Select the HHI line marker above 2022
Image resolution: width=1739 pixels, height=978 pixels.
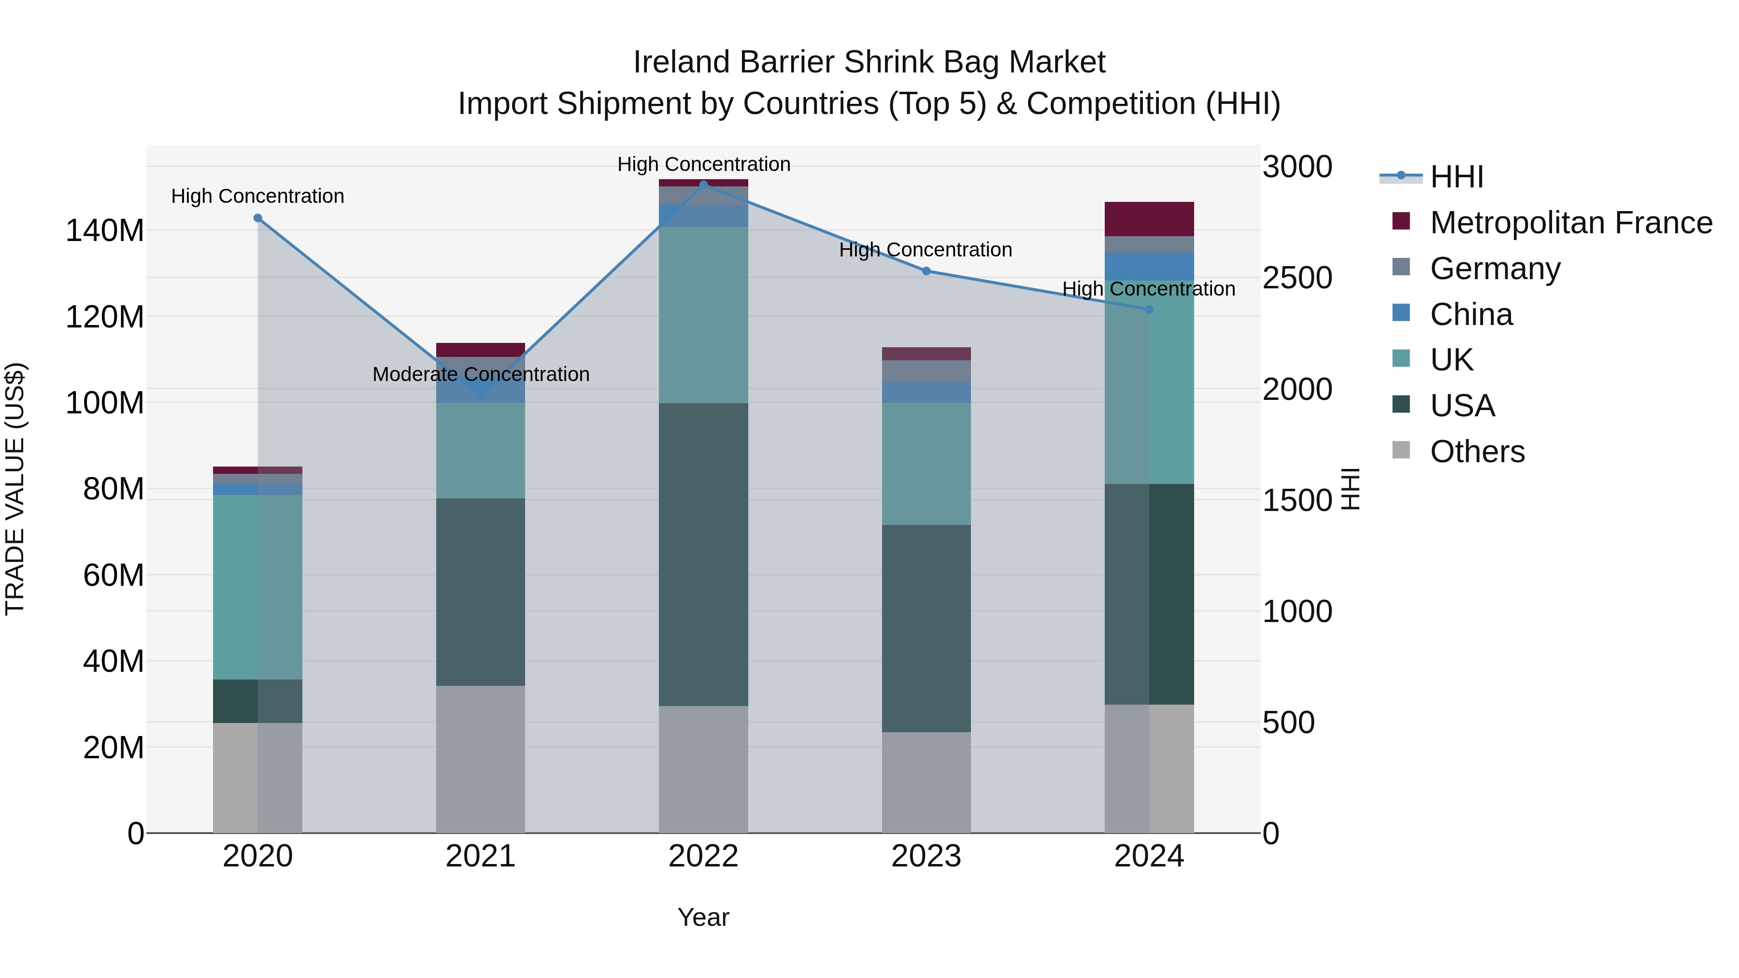pos(703,184)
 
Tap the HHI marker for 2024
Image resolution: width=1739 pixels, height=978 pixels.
pos(1149,309)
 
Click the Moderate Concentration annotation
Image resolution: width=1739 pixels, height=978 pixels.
pos(481,374)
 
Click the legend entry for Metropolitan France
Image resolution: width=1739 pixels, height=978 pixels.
pos(1570,222)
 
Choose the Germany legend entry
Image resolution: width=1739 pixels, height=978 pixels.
pos(1495,268)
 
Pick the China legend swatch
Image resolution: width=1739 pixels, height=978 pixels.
pos(1401,313)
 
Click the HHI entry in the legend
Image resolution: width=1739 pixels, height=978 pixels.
pos(1455,176)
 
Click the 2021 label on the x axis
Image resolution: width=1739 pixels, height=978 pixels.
pos(480,856)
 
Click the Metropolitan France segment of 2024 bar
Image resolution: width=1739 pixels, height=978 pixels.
pos(1149,219)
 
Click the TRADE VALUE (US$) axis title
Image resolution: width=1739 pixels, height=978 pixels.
pos(15,489)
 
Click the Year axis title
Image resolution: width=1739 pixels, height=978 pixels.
pos(703,917)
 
